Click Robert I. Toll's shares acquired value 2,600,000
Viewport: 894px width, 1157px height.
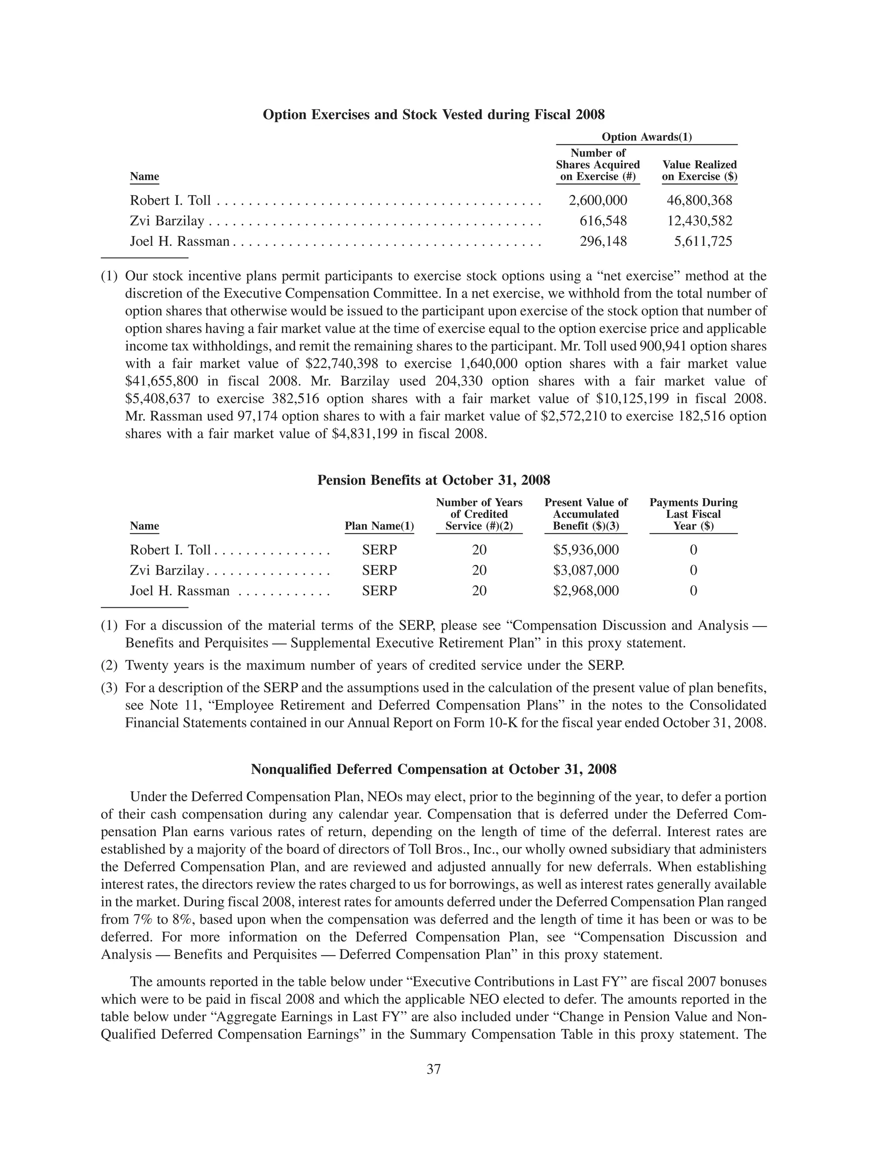pos(598,200)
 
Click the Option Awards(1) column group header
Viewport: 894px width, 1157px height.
pos(646,137)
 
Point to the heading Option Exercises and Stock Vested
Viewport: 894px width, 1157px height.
pos(434,114)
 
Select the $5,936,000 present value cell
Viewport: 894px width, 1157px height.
pos(586,550)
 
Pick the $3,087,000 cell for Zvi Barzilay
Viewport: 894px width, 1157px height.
pos(586,571)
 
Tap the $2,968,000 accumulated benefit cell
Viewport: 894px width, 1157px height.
pos(586,591)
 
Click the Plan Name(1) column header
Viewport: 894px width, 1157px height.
pos(379,526)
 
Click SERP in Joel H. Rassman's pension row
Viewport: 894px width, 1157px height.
pos(379,591)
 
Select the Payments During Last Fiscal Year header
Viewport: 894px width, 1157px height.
pos(693,514)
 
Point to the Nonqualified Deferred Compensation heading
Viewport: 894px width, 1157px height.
pos(434,769)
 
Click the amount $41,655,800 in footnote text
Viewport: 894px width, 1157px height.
pos(162,382)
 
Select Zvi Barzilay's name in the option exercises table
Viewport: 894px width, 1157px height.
pos(167,221)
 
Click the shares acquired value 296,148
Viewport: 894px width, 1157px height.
pos(603,241)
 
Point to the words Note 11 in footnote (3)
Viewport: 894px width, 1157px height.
pos(167,706)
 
